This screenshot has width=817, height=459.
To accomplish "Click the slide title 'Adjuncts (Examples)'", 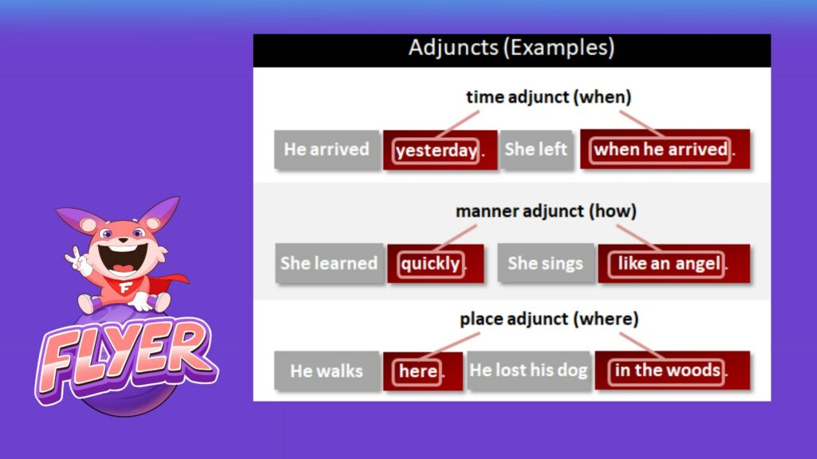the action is pyautogui.click(x=511, y=48).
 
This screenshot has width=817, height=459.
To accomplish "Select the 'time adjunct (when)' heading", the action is pyautogui.click(x=549, y=96).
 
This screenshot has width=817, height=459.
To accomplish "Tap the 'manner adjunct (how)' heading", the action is pyautogui.click(x=546, y=210).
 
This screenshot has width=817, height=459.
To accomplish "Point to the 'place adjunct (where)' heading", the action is pyautogui.click(x=549, y=319).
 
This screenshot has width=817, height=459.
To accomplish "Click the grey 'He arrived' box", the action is pyautogui.click(x=326, y=150).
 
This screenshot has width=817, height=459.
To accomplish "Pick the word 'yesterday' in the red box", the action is pyautogui.click(x=436, y=151).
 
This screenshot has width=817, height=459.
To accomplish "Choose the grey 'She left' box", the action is pyautogui.click(x=536, y=150).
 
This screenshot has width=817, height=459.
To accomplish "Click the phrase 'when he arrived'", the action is pyautogui.click(x=660, y=150).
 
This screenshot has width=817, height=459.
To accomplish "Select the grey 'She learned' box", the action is pyautogui.click(x=330, y=263).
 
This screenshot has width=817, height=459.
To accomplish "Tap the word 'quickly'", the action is pyautogui.click(x=430, y=264).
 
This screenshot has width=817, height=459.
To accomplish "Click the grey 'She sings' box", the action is pyautogui.click(x=546, y=263).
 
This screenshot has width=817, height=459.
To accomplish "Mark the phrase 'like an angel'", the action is pyautogui.click(x=669, y=264).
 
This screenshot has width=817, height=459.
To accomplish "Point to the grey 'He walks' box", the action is pyautogui.click(x=326, y=371).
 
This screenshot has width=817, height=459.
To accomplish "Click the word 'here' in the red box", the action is pyautogui.click(x=418, y=371).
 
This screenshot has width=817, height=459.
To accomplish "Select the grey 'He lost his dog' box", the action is pyautogui.click(x=529, y=371).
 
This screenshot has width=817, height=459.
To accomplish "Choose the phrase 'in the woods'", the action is pyautogui.click(x=668, y=370).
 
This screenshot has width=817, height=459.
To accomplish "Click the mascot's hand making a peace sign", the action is pyautogui.click(x=78, y=261).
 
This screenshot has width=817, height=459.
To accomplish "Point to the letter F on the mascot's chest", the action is pyautogui.click(x=125, y=287).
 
